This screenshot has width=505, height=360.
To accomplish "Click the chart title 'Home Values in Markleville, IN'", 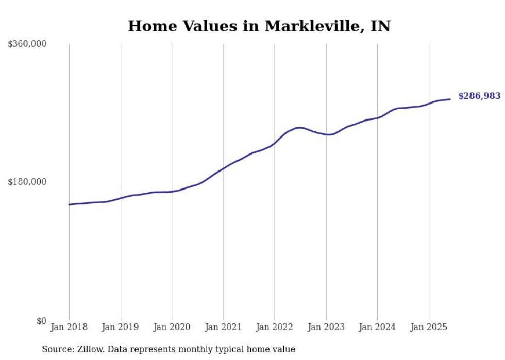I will pyautogui.click(x=259, y=26).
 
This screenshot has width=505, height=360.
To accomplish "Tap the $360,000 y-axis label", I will pyautogui.click(x=27, y=44).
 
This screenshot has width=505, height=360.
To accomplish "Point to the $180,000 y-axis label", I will pyautogui.click(x=27, y=182).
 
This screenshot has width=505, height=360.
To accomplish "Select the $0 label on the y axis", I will pyautogui.click(x=41, y=321).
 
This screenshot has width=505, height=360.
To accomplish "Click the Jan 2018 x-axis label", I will pyautogui.click(x=69, y=327).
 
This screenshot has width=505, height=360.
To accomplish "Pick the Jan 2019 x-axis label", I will pyautogui.click(x=121, y=327).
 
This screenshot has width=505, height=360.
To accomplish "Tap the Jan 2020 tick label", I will pyautogui.click(x=172, y=327).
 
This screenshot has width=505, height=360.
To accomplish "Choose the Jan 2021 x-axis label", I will pyautogui.click(x=223, y=327).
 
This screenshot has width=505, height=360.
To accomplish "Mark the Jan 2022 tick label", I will pyautogui.click(x=275, y=327).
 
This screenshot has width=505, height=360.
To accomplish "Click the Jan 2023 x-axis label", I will pyautogui.click(x=326, y=327).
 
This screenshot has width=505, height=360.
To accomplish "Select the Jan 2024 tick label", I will pyautogui.click(x=377, y=327).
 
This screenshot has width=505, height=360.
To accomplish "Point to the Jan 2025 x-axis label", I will pyautogui.click(x=429, y=327).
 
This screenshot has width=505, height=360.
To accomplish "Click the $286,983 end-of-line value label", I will pyautogui.click(x=479, y=96).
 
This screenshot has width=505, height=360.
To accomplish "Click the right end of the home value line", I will pyautogui.click(x=450, y=99).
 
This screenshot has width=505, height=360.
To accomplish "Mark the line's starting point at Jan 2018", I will pyautogui.click(x=69, y=204).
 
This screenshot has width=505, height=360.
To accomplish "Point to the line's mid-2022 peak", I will pyautogui.click(x=299, y=128).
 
